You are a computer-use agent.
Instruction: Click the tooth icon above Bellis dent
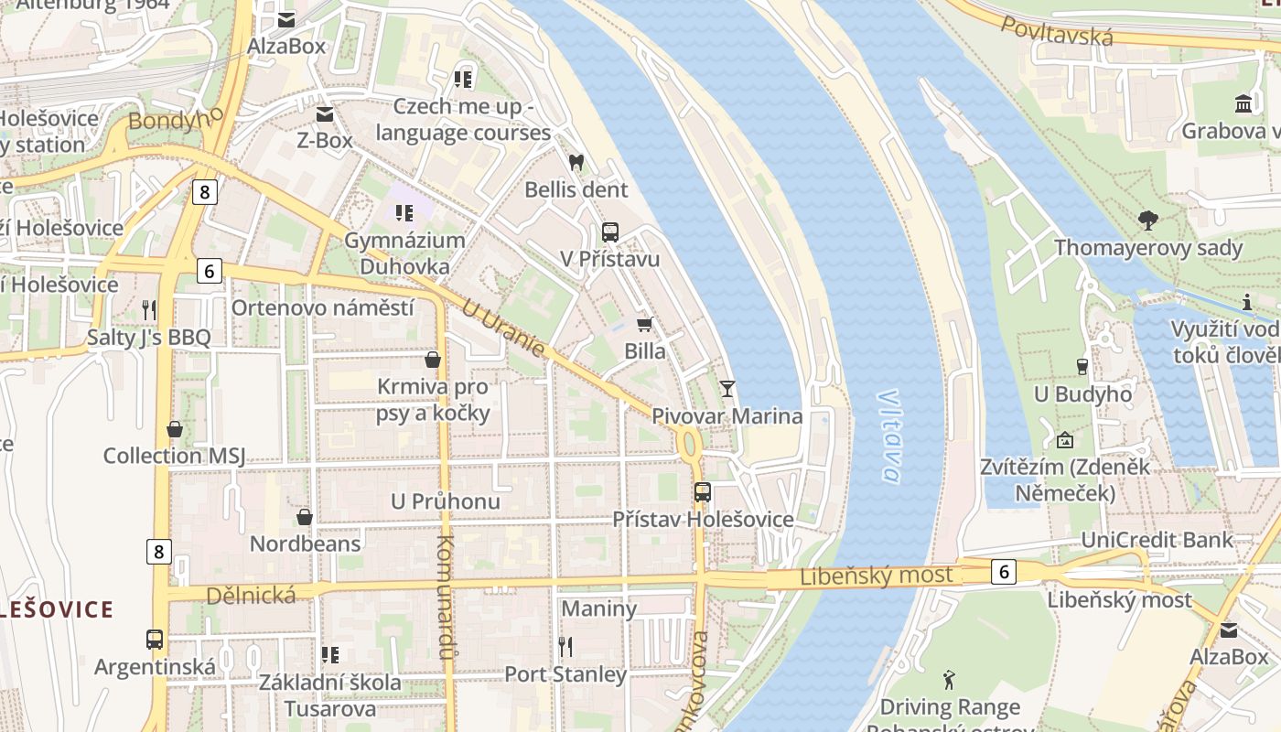tap(576, 163)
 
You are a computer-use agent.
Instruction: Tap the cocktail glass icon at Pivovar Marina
tap(727, 389)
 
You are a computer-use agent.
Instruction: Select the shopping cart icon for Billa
tap(645, 324)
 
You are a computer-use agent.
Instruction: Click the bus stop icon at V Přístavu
tap(610, 232)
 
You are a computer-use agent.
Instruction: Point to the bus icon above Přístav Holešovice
tap(702, 492)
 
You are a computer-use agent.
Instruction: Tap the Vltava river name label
tap(888, 436)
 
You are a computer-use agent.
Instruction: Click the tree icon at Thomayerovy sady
tap(1147, 221)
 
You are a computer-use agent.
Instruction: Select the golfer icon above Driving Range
tap(949, 680)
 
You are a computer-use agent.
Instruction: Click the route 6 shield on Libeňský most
tap(1004, 572)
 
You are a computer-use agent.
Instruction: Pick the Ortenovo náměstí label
tap(322, 307)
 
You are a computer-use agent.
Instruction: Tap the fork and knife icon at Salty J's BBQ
tap(149, 310)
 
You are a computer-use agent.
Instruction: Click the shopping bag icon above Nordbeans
tap(305, 517)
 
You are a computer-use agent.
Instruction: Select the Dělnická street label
tap(251, 596)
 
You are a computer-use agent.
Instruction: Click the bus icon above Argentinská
tap(155, 639)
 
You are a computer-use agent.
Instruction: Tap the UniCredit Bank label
tap(1157, 540)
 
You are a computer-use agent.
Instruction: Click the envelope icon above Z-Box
tap(325, 114)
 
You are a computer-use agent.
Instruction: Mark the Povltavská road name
tap(1057, 31)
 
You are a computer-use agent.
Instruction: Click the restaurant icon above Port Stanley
tap(565, 647)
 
